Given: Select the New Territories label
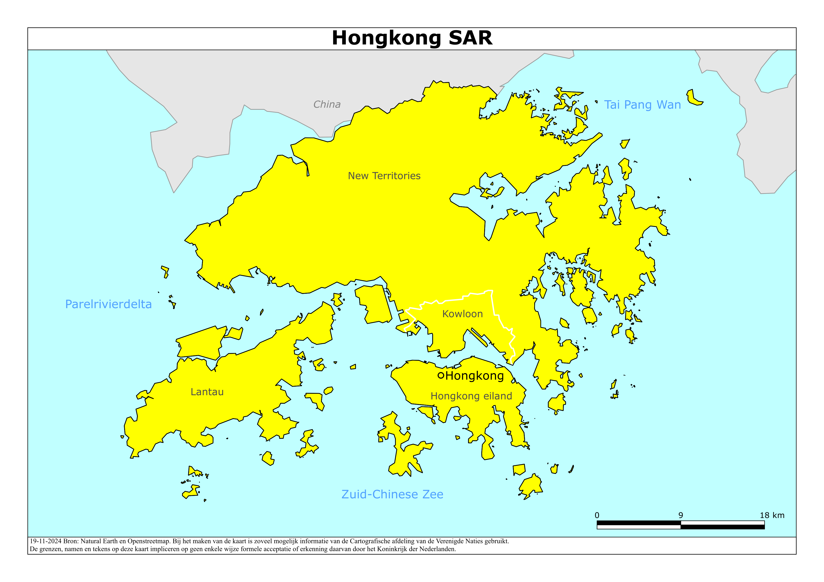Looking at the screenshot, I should click(x=384, y=176).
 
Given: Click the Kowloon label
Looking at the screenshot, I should click(x=462, y=314).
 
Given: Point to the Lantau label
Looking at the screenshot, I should click(x=207, y=392).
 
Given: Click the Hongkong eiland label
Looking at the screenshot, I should click(x=471, y=396).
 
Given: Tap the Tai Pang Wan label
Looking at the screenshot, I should click(x=642, y=105).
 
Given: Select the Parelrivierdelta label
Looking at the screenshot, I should click(x=108, y=304).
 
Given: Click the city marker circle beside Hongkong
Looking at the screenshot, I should click(x=441, y=376).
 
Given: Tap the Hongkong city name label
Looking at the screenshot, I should click(x=474, y=376).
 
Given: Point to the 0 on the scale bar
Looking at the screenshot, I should click(x=597, y=515).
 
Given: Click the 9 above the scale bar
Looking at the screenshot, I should click(x=680, y=515).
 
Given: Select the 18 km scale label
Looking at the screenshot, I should click(x=772, y=515).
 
